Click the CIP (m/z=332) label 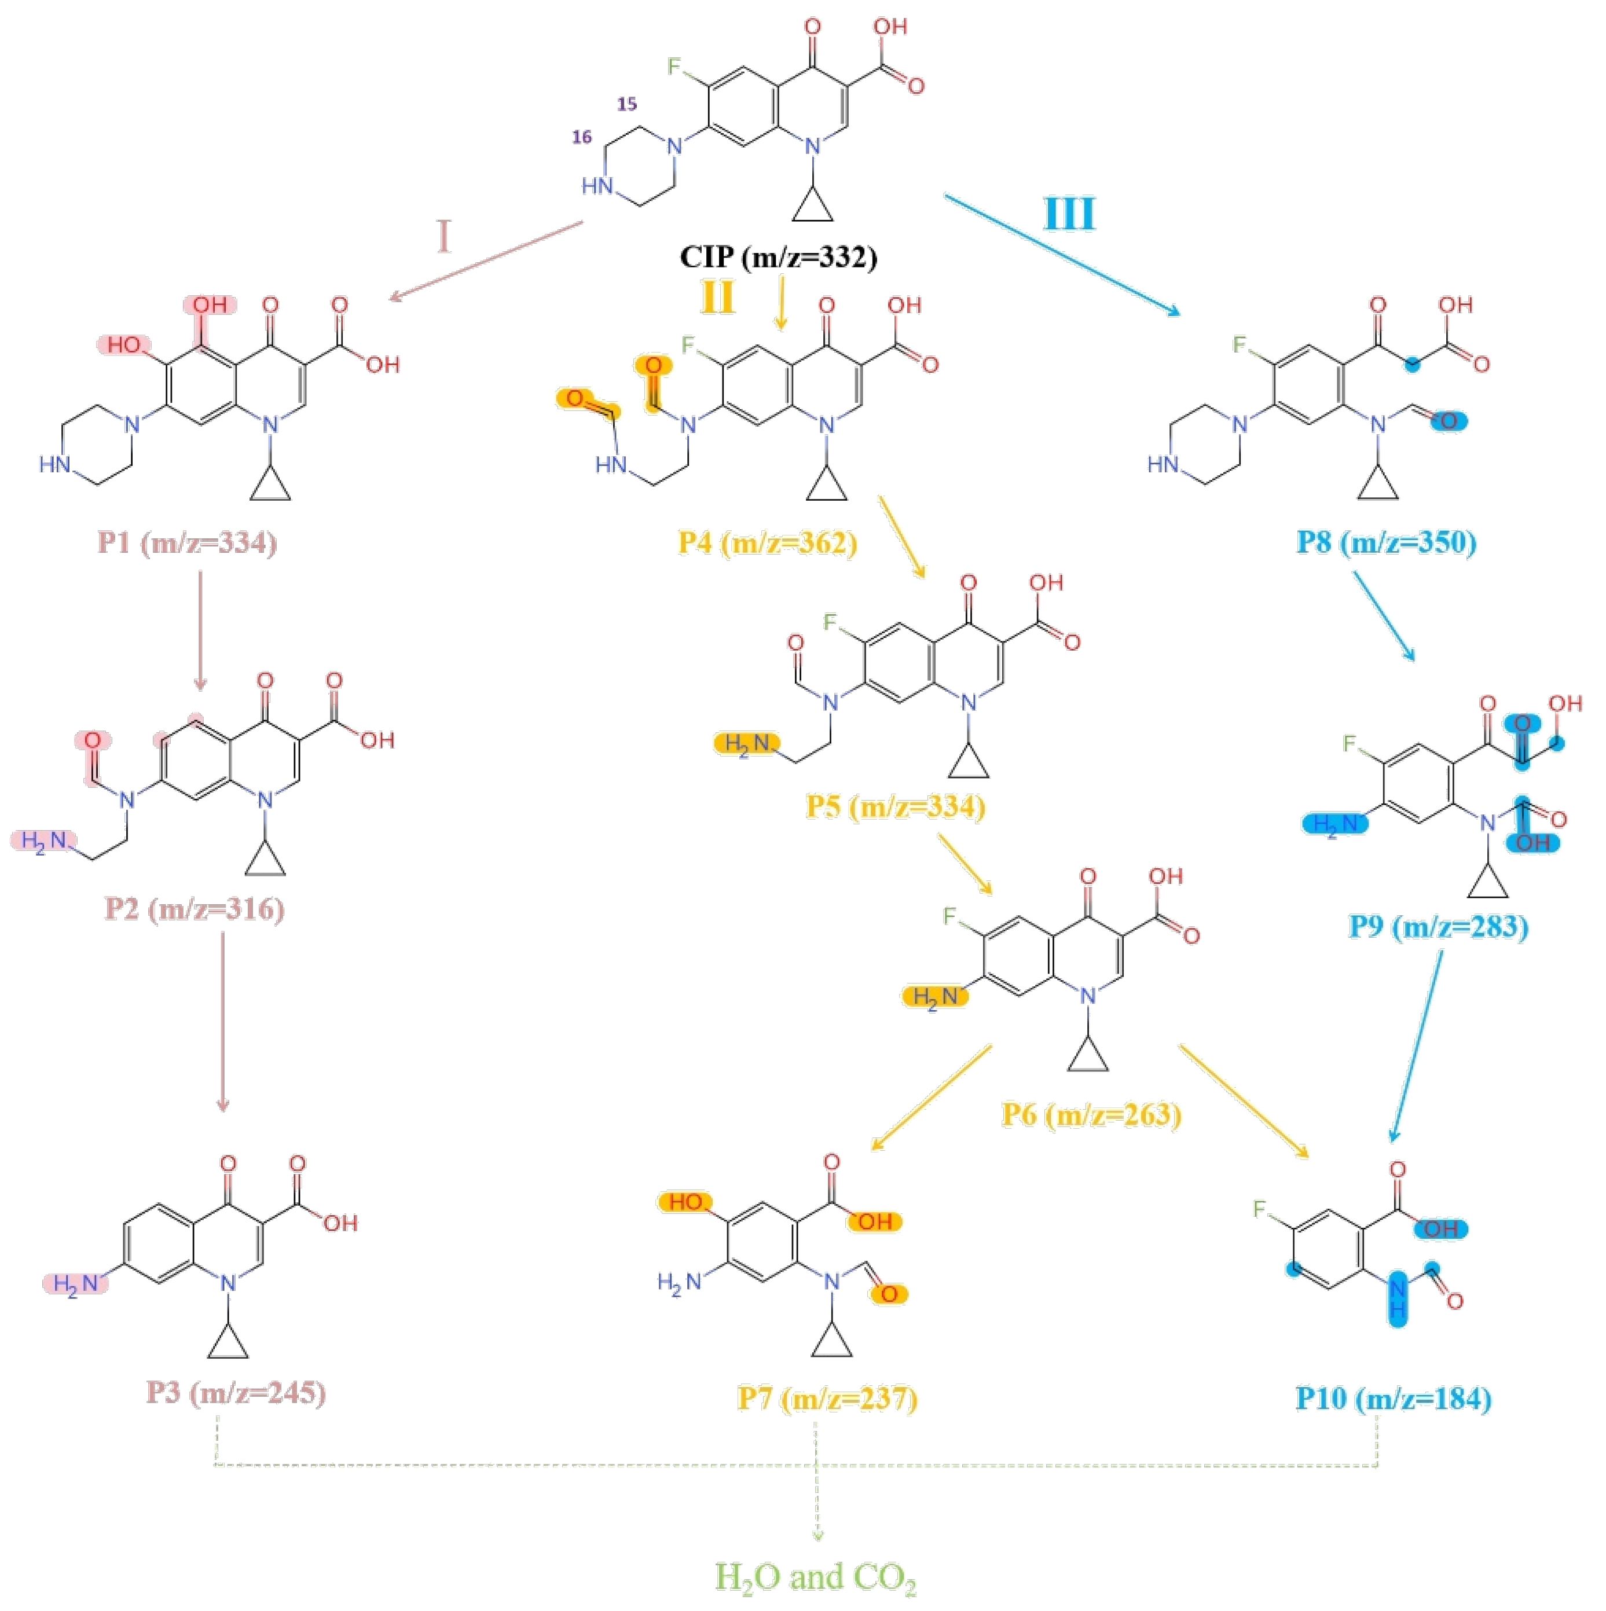click(778, 256)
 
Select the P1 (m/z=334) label click(187, 543)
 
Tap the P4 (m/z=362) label click(767, 543)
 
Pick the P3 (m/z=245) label click(236, 1392)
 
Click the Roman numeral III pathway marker click(1069, 214)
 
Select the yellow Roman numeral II click(718, 296)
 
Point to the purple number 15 click(626, 104)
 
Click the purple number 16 click(581, 137)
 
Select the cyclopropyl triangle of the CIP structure click(812, 206)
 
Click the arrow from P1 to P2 click(200, 630)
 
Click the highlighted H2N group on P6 click(935, 996)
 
